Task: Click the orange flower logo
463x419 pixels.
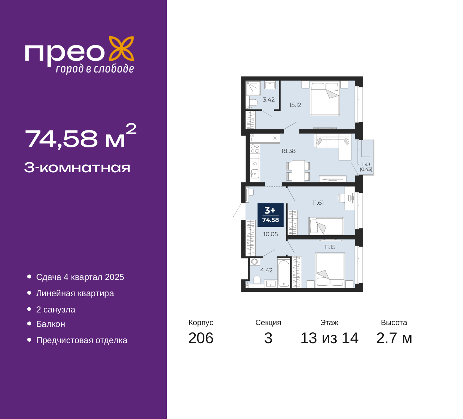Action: click(x=122, y=49)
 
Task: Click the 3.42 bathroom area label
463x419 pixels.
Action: click(x=269, y=100)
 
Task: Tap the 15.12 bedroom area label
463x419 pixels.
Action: click(x=295, y=105)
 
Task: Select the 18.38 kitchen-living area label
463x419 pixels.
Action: click(x=288, y=151)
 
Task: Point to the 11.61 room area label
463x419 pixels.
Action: click(x=318, y=203)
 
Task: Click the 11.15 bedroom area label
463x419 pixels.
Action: click(x=330, y=247)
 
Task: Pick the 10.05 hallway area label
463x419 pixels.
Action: click(x=271, y=234)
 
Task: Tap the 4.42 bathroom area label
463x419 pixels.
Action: click(x=266, y=270)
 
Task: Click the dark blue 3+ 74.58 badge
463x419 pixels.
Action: click(x=271, y=215)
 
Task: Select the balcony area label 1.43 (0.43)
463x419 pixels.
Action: click(x=366, y=167)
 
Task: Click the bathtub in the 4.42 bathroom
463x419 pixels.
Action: click(x=284, y=273)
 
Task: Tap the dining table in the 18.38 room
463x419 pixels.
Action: click(x=298, y=171)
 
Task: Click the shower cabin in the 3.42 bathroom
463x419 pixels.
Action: click(x=253, y=88)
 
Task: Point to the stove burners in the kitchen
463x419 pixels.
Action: click(x=255, y=148)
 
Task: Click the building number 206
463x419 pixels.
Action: click(x=201, y=338)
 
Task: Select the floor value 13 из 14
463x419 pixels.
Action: click(x=330, y=338)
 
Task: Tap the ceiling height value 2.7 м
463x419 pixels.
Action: click(x=394, y=338)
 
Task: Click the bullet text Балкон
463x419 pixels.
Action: click(x=51, y=324)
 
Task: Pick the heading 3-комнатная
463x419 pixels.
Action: click(x=77, y=168)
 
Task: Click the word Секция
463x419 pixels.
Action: click(x=268, y=323)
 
